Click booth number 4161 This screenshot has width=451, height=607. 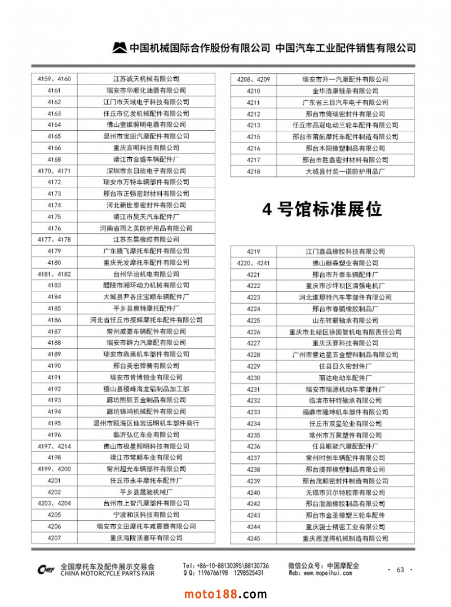pyautogui.click(x=54, y=90)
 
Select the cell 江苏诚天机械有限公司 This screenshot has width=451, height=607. pyautogui.click(x=146, y=79)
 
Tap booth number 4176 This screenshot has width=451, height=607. pyautogui.click(x=54, y=228)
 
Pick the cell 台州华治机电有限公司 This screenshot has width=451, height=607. pyautogui.click(x=146, y=274)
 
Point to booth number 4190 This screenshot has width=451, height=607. pyautogui.click(x=54, y=366)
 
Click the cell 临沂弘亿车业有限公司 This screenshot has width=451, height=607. pyautogui.click(x=146, y=435)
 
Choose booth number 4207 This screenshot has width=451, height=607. pyautogui.click(x=54, y=538)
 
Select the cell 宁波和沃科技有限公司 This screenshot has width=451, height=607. pyautogui.click(x=146, y=515)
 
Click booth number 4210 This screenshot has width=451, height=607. pyautogui.click(x=254, y=91)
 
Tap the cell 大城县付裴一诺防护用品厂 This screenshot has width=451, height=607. pyautogui.click(x=346, y=171)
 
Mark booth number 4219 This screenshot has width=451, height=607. pyautogui.click(x=254, y=251)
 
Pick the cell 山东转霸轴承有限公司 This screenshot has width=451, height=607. pyautogui.click(x=346, y=320)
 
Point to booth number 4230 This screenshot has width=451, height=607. pyautogui.click(x=254, y=378)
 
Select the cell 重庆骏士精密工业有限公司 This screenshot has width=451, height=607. pyautogui.click(x=346, y=526)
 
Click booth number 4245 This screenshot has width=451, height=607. pyautogui.click(x=254, y=538)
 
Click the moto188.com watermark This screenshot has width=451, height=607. pyautogui.click(x=225, y=594)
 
